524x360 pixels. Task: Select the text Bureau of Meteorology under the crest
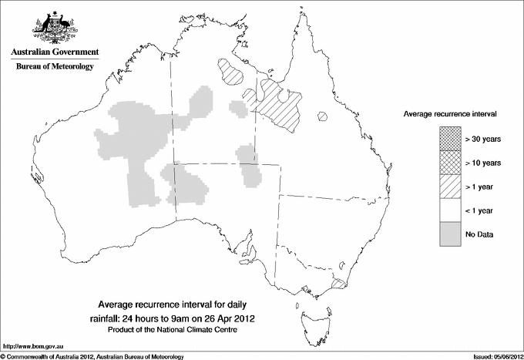pos(55,67)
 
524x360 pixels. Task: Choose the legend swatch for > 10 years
pos(451,162)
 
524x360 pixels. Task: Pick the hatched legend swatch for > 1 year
pos(451,186)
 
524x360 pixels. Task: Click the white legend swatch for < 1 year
pos(451,210)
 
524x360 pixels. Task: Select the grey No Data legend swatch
pos(451,234)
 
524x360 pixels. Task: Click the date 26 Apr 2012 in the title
pos(228,318)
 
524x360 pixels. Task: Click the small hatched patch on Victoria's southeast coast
pos(338,284)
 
